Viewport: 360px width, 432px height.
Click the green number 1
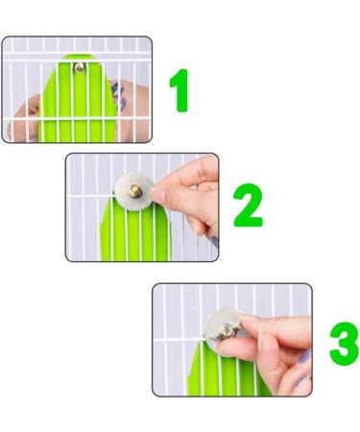(x=179, y=90)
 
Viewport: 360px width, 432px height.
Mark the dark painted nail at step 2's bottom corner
(x=214, y=242)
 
